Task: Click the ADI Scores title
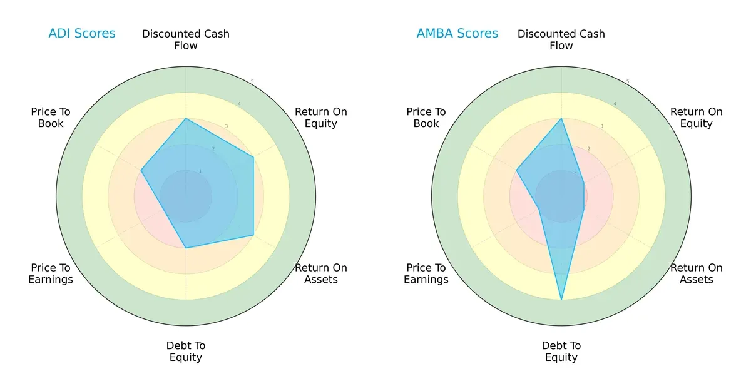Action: pos(82,34)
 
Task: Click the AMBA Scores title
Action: pos(457,34)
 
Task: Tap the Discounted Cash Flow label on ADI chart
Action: pos(186,39)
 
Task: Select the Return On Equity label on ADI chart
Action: pos(320,118)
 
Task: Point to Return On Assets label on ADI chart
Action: pos(320,273)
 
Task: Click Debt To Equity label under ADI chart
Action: pos(186,352)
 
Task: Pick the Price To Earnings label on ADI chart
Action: pos(51,273)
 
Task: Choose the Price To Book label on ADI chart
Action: pos(51,118)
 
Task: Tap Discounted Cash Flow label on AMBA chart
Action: pos(561,39)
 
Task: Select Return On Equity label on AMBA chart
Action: pos(696,118)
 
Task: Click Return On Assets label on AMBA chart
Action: pos(696,273)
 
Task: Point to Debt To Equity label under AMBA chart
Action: pos(561,352)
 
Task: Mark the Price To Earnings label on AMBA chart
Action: pos(426,273)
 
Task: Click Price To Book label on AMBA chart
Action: pos(426,118)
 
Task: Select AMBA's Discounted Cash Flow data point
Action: pos(561,118)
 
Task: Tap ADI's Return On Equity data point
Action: pos(253,157)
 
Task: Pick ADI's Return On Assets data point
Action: pos(253,235)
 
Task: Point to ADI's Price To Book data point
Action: pos(141,170)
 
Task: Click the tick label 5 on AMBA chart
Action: pos(627,82)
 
